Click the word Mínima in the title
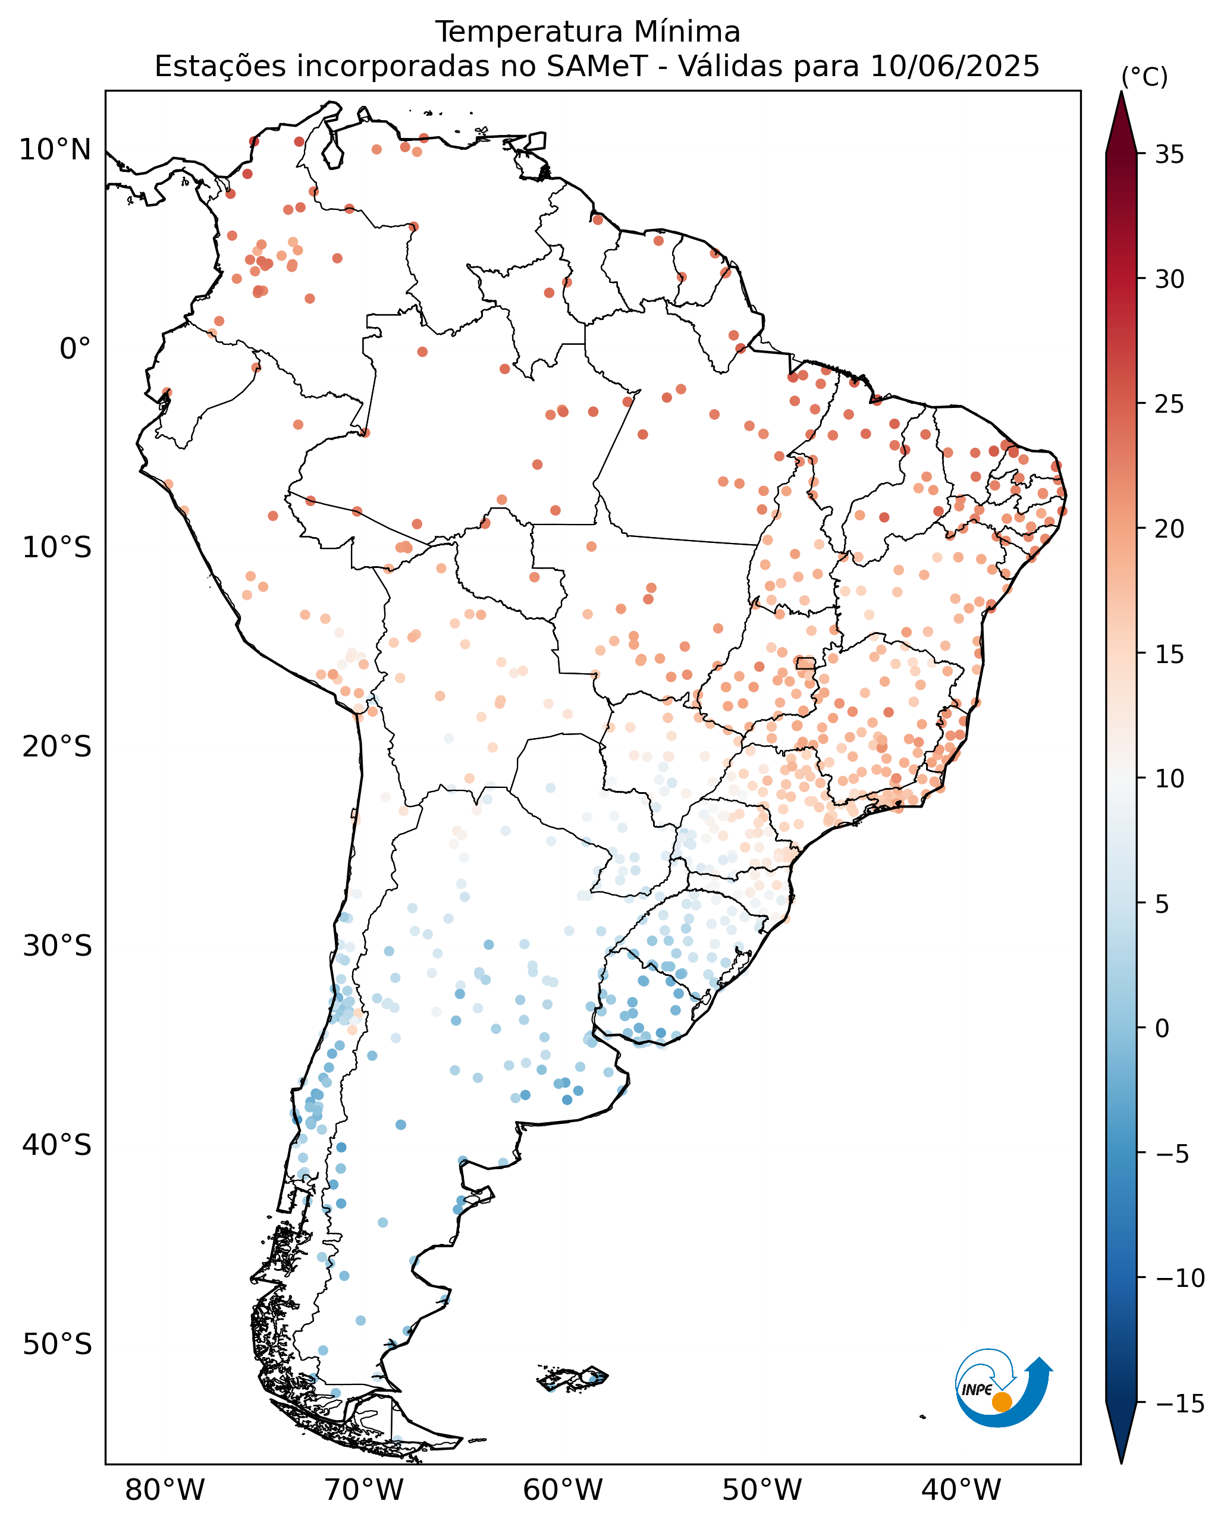tap(686, 33)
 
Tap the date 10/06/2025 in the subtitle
tap(955, 67)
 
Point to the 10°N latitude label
tap(55, 150)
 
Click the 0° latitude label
tap(75, 349)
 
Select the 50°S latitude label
tap(57, 1344)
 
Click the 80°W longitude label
tap(165, 1490)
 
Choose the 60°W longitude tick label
tap(563, 1490)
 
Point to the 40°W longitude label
tap(961, 1490)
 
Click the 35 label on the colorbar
tap(1170, 155)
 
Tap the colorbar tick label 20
tap(1170, 529)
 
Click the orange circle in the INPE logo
tap(1002, 1402)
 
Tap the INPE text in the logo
tap(978, 1389)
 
